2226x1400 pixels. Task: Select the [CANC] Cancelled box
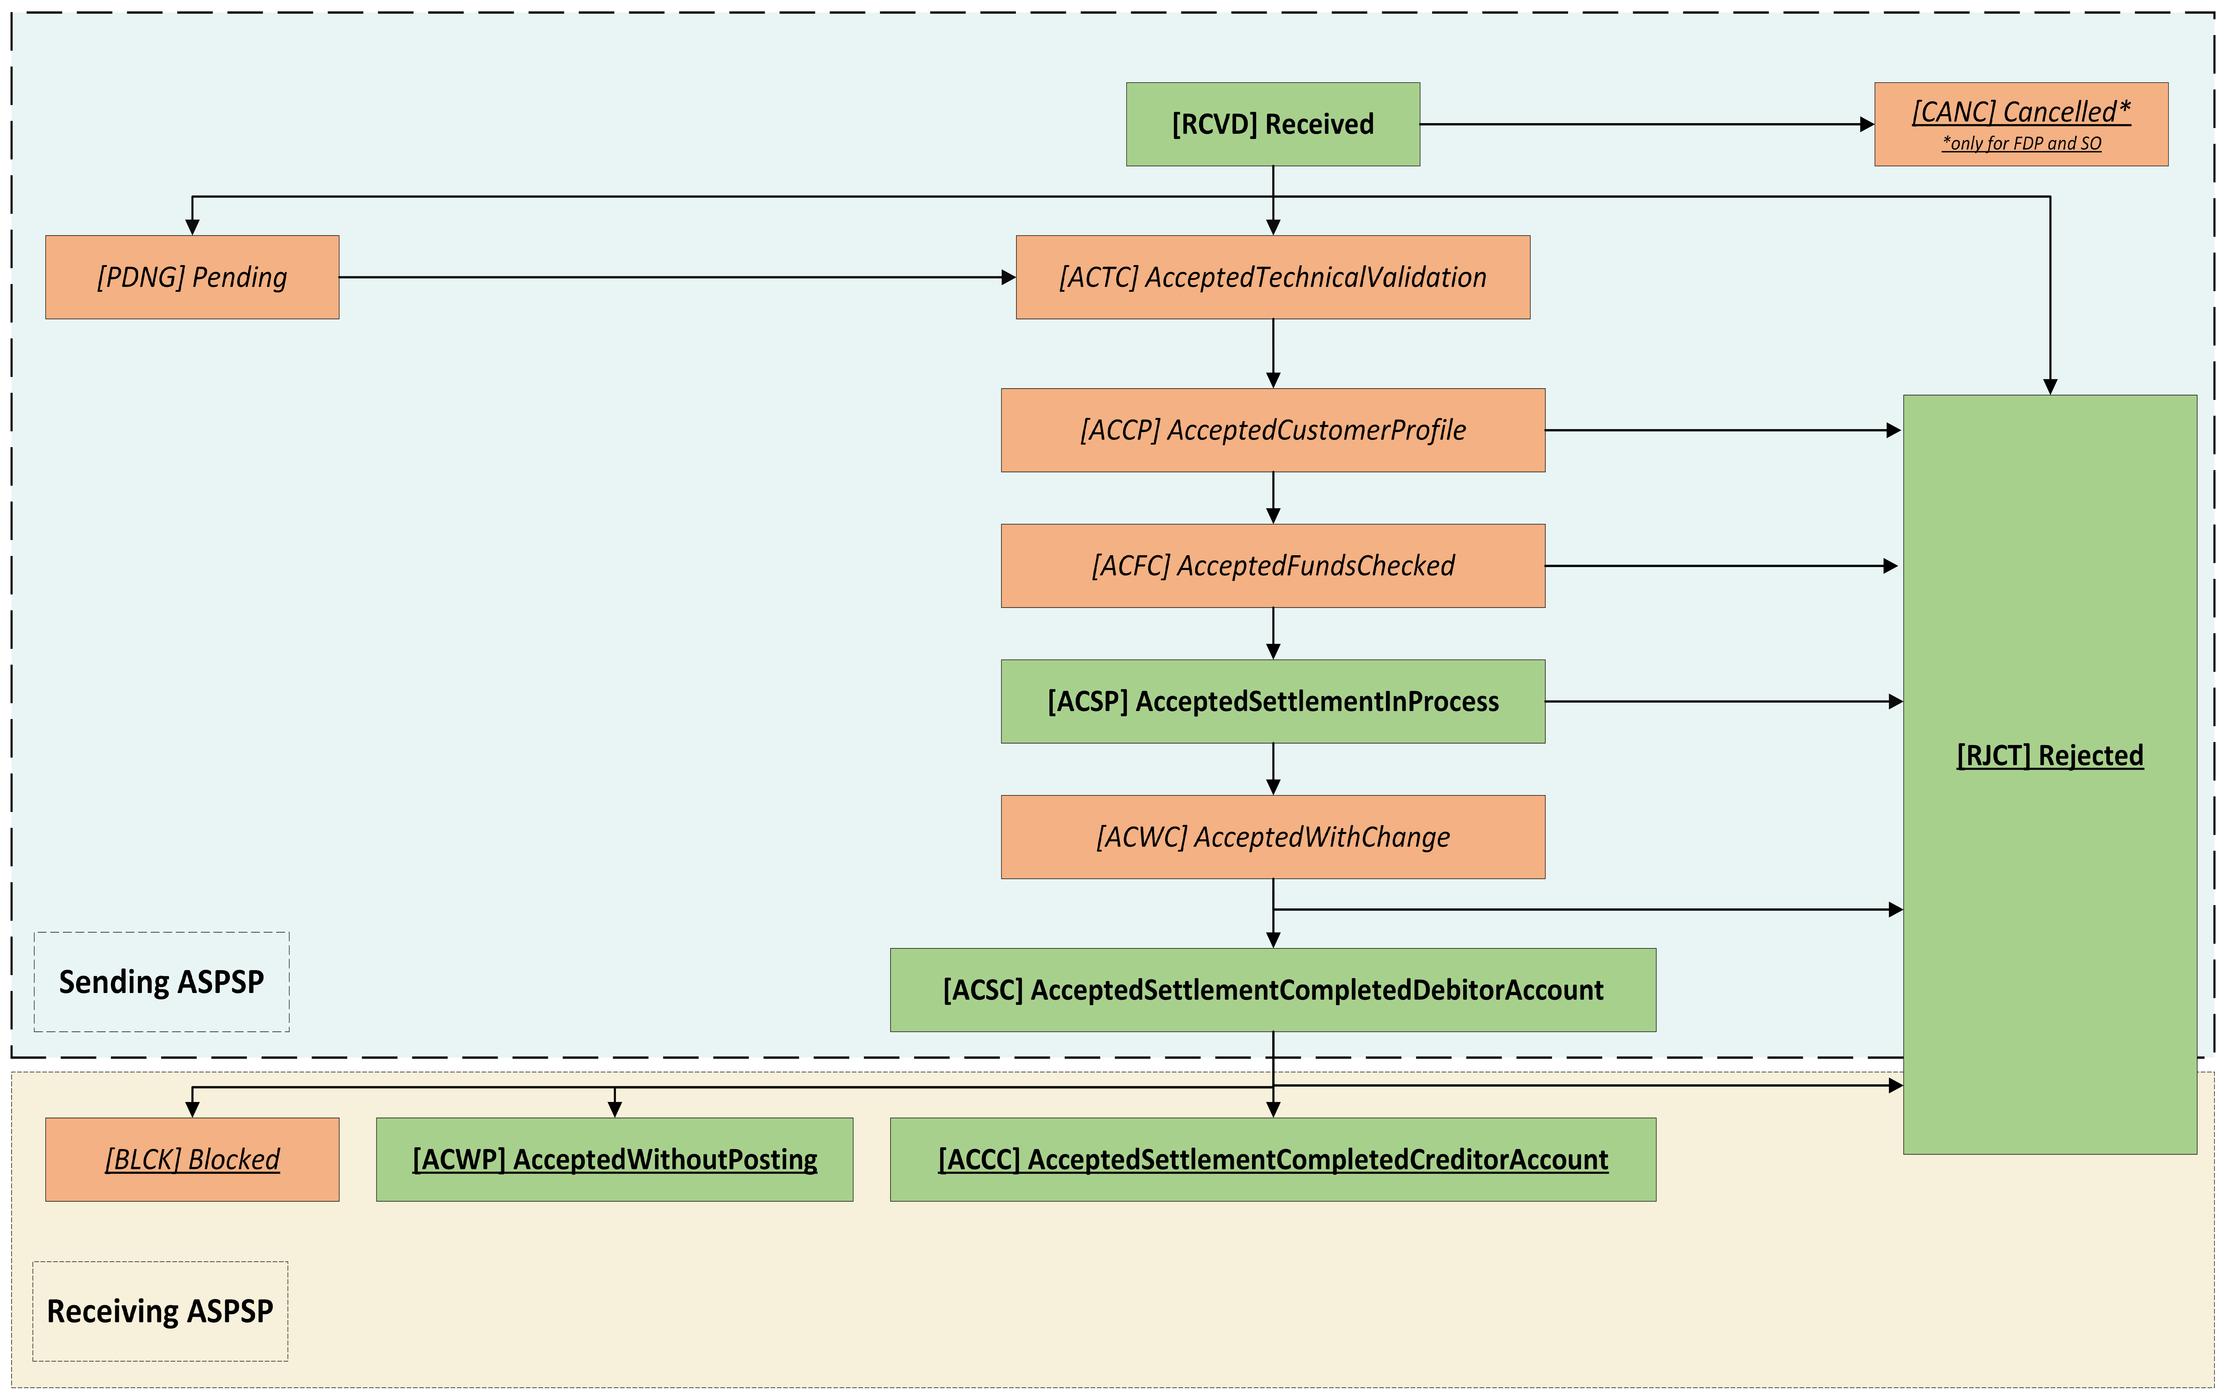[x=2021, y=124]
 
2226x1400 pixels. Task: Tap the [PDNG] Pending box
[x=192, y=277]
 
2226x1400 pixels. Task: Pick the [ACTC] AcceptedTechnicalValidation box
[x=1273, y=277]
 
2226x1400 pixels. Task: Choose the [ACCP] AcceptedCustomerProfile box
[x=1273, y=430]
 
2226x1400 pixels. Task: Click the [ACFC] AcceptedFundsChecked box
[x=1273, y=566]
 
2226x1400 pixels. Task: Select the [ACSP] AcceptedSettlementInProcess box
[x=1273, y=701]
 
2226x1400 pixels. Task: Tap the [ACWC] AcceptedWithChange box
[x=1273, y=837]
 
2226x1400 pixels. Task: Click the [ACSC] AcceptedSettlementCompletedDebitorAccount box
[x=1273, y=989]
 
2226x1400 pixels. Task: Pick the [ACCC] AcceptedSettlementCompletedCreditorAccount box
[x=1273, y=1160]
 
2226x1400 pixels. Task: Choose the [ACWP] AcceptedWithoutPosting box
[x=615, y=1160]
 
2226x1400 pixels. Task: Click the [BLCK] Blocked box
[x=192, y=1160]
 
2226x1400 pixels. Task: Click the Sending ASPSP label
[x=162, y=981]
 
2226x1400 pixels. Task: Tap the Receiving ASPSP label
[x=160, y=1311]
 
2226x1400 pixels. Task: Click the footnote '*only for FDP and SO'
[x=2022, y=143]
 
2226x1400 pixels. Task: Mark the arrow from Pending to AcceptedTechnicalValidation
[x=678, y=277]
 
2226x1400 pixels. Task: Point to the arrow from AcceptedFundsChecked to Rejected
[x=1721, y=566]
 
